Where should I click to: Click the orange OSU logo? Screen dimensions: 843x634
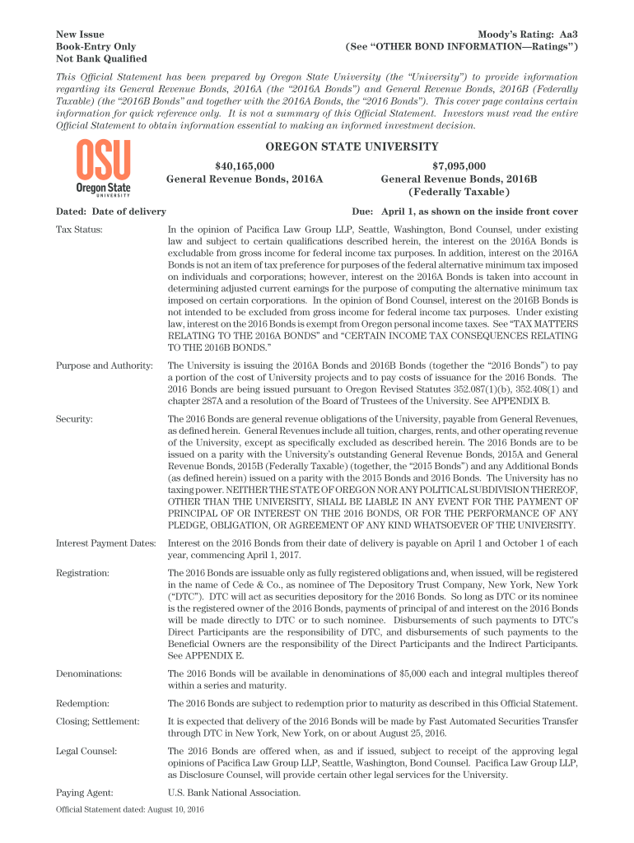[x=103, y=168]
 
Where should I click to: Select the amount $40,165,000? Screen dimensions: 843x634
[x=245, y=165]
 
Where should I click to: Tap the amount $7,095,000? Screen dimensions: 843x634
[x=459, y=165]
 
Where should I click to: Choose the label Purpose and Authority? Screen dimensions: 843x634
[x=104, y=365]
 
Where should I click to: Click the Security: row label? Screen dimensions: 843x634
[x=74, y=419]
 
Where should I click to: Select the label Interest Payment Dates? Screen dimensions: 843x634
[x=106, y=543]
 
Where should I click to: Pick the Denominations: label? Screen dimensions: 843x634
[x=89, y=673]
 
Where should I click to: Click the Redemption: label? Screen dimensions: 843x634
[x=83, y=703]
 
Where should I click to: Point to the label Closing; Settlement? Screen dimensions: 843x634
[x=97, y=721]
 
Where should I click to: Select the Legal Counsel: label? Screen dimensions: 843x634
[x=86, y=751]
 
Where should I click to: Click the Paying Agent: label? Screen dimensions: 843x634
[x=85, y=793]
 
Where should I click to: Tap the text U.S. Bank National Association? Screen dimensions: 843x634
[x=234, y=793]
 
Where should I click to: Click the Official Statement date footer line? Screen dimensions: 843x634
[x=129, y=810]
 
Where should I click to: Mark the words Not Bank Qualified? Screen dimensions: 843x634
[x=101, y=58]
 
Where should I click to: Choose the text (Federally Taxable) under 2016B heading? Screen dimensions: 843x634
[x=459, y=191]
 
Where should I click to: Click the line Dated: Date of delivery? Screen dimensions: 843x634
[x=110, y=211]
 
